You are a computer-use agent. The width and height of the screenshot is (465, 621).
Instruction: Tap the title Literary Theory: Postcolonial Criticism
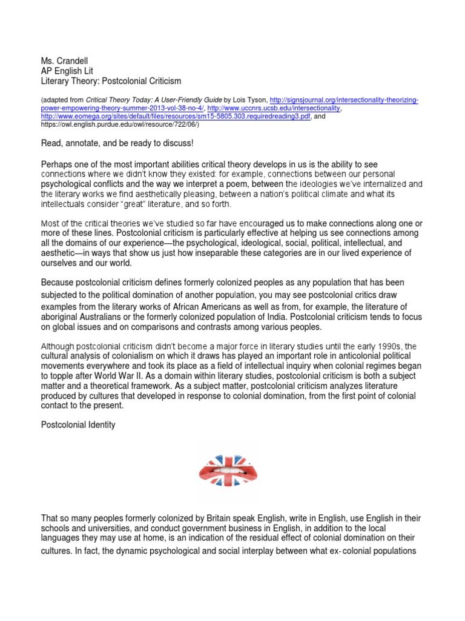(111, 81)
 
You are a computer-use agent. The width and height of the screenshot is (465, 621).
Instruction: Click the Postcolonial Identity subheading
(78, 425)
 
